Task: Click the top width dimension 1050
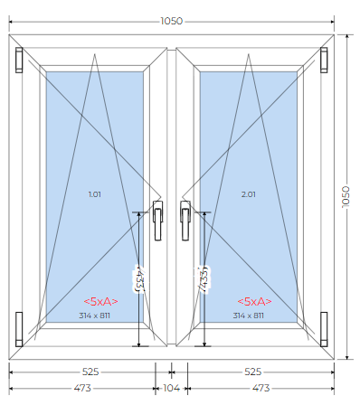coord(171,21)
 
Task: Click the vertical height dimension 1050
coord(346,196)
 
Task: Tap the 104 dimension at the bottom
coord(171,388)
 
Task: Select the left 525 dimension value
coord(90,372)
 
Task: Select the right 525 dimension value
coord(252,372)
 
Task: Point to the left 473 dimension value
coord(82,388)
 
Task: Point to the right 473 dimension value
coord(261,388)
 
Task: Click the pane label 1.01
coord(95,194)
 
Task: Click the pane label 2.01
coord(249,194)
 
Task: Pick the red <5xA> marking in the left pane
coord(100,301)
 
